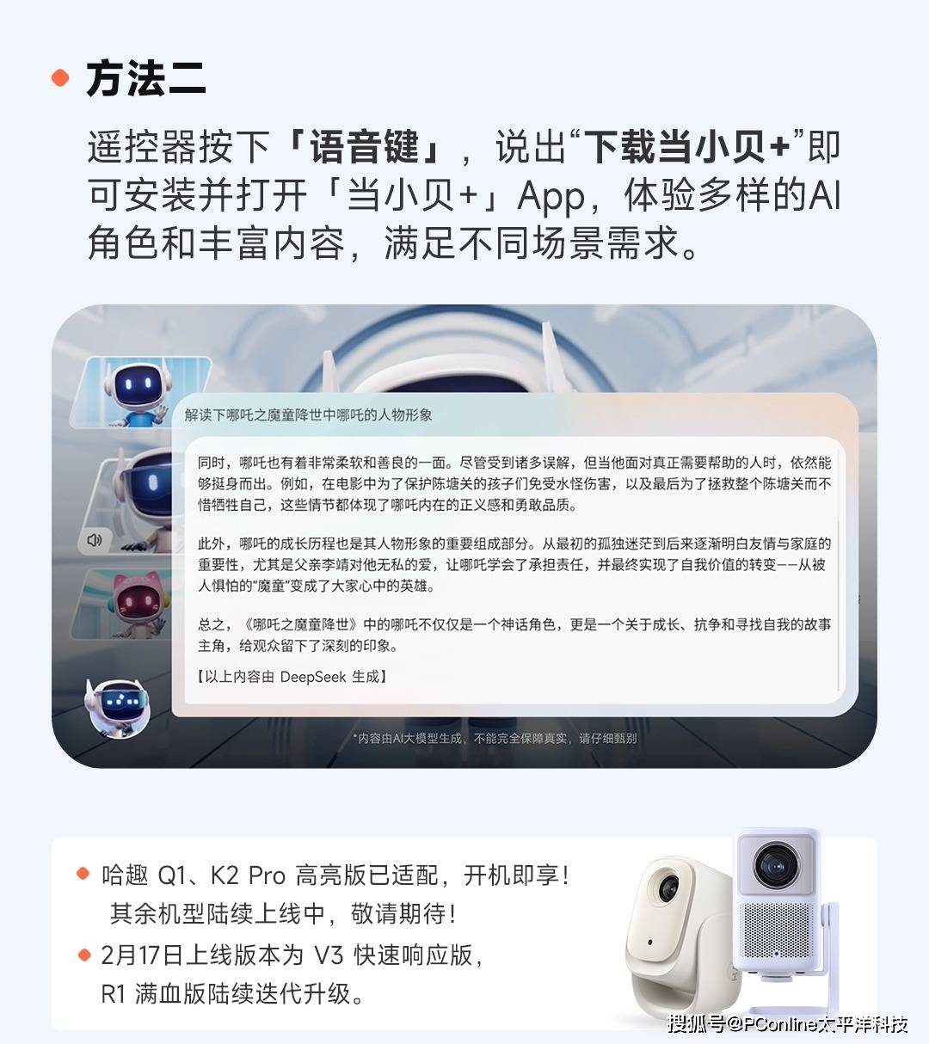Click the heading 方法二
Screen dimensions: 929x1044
[x=146, y=78]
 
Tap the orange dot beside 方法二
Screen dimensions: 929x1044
[x=60, y=77]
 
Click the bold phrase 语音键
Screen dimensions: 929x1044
[x=365, y=147]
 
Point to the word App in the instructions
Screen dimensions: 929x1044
[x=551, y=197]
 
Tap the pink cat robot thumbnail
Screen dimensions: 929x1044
[x=126, y=604]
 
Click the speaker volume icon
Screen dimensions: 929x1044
[x=95, y=540]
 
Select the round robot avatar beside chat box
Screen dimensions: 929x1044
[x=118, y=708]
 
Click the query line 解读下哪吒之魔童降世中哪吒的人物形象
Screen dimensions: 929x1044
[x=308, y=415]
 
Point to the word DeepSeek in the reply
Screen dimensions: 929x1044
[x=313, y=677]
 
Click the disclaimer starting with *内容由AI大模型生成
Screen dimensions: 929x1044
[x=495, y=739]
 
